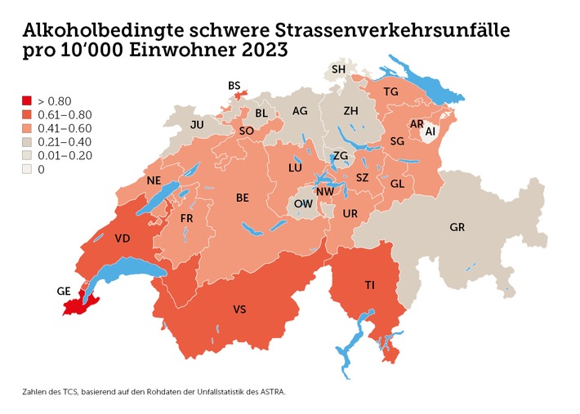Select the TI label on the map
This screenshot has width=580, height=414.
click(369, 284)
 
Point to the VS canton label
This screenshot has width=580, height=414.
click(239, 309)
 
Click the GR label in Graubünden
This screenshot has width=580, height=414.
click(457, 228)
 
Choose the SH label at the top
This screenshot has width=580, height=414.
click(338, 69)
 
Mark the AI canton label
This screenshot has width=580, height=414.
click(430, 131)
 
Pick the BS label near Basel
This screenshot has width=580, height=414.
click(234, 85)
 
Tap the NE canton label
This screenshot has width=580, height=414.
click(152, 180)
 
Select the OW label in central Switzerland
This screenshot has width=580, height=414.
click(302, 203)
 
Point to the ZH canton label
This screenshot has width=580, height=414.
click(351, 110)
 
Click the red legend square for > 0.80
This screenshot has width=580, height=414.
click(27, 101)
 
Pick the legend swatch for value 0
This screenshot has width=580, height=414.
click(27, 169)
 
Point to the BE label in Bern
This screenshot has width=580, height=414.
click(243, 198)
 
